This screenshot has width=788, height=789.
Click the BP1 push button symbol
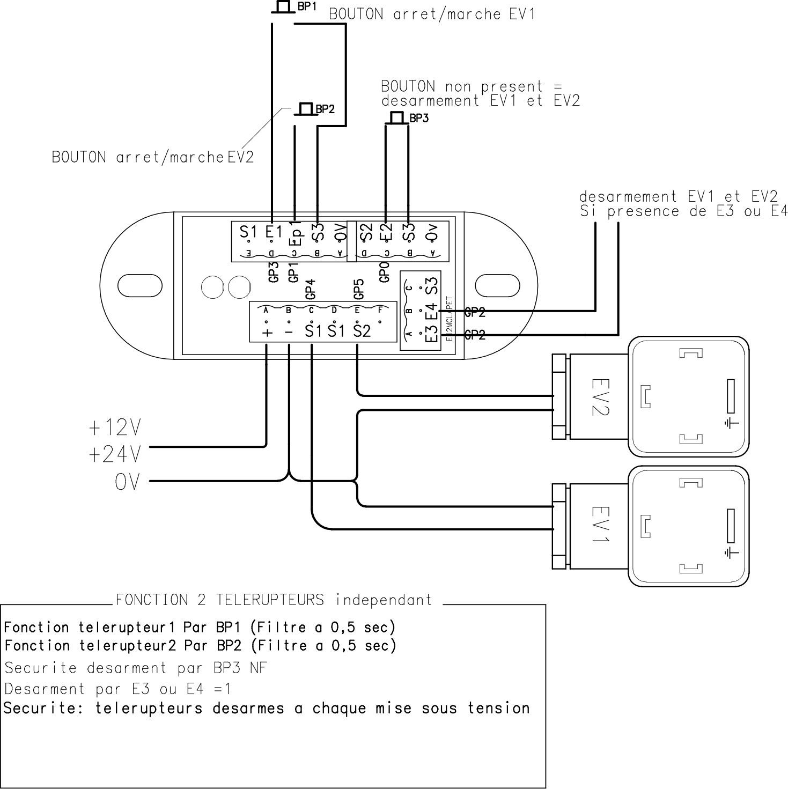(x=282, y=8)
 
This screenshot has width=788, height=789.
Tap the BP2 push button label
(x=325, y=109)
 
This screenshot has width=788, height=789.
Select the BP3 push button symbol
(x=396, y=118)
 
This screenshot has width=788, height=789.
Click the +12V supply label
(x=115, y=427)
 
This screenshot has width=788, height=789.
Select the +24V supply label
(x=115, y=455)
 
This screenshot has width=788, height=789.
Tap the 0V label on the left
(x=127, y=482)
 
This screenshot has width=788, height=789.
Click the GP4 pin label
(x=310, y=289)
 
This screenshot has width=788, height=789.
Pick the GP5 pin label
(x=359, y=289)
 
